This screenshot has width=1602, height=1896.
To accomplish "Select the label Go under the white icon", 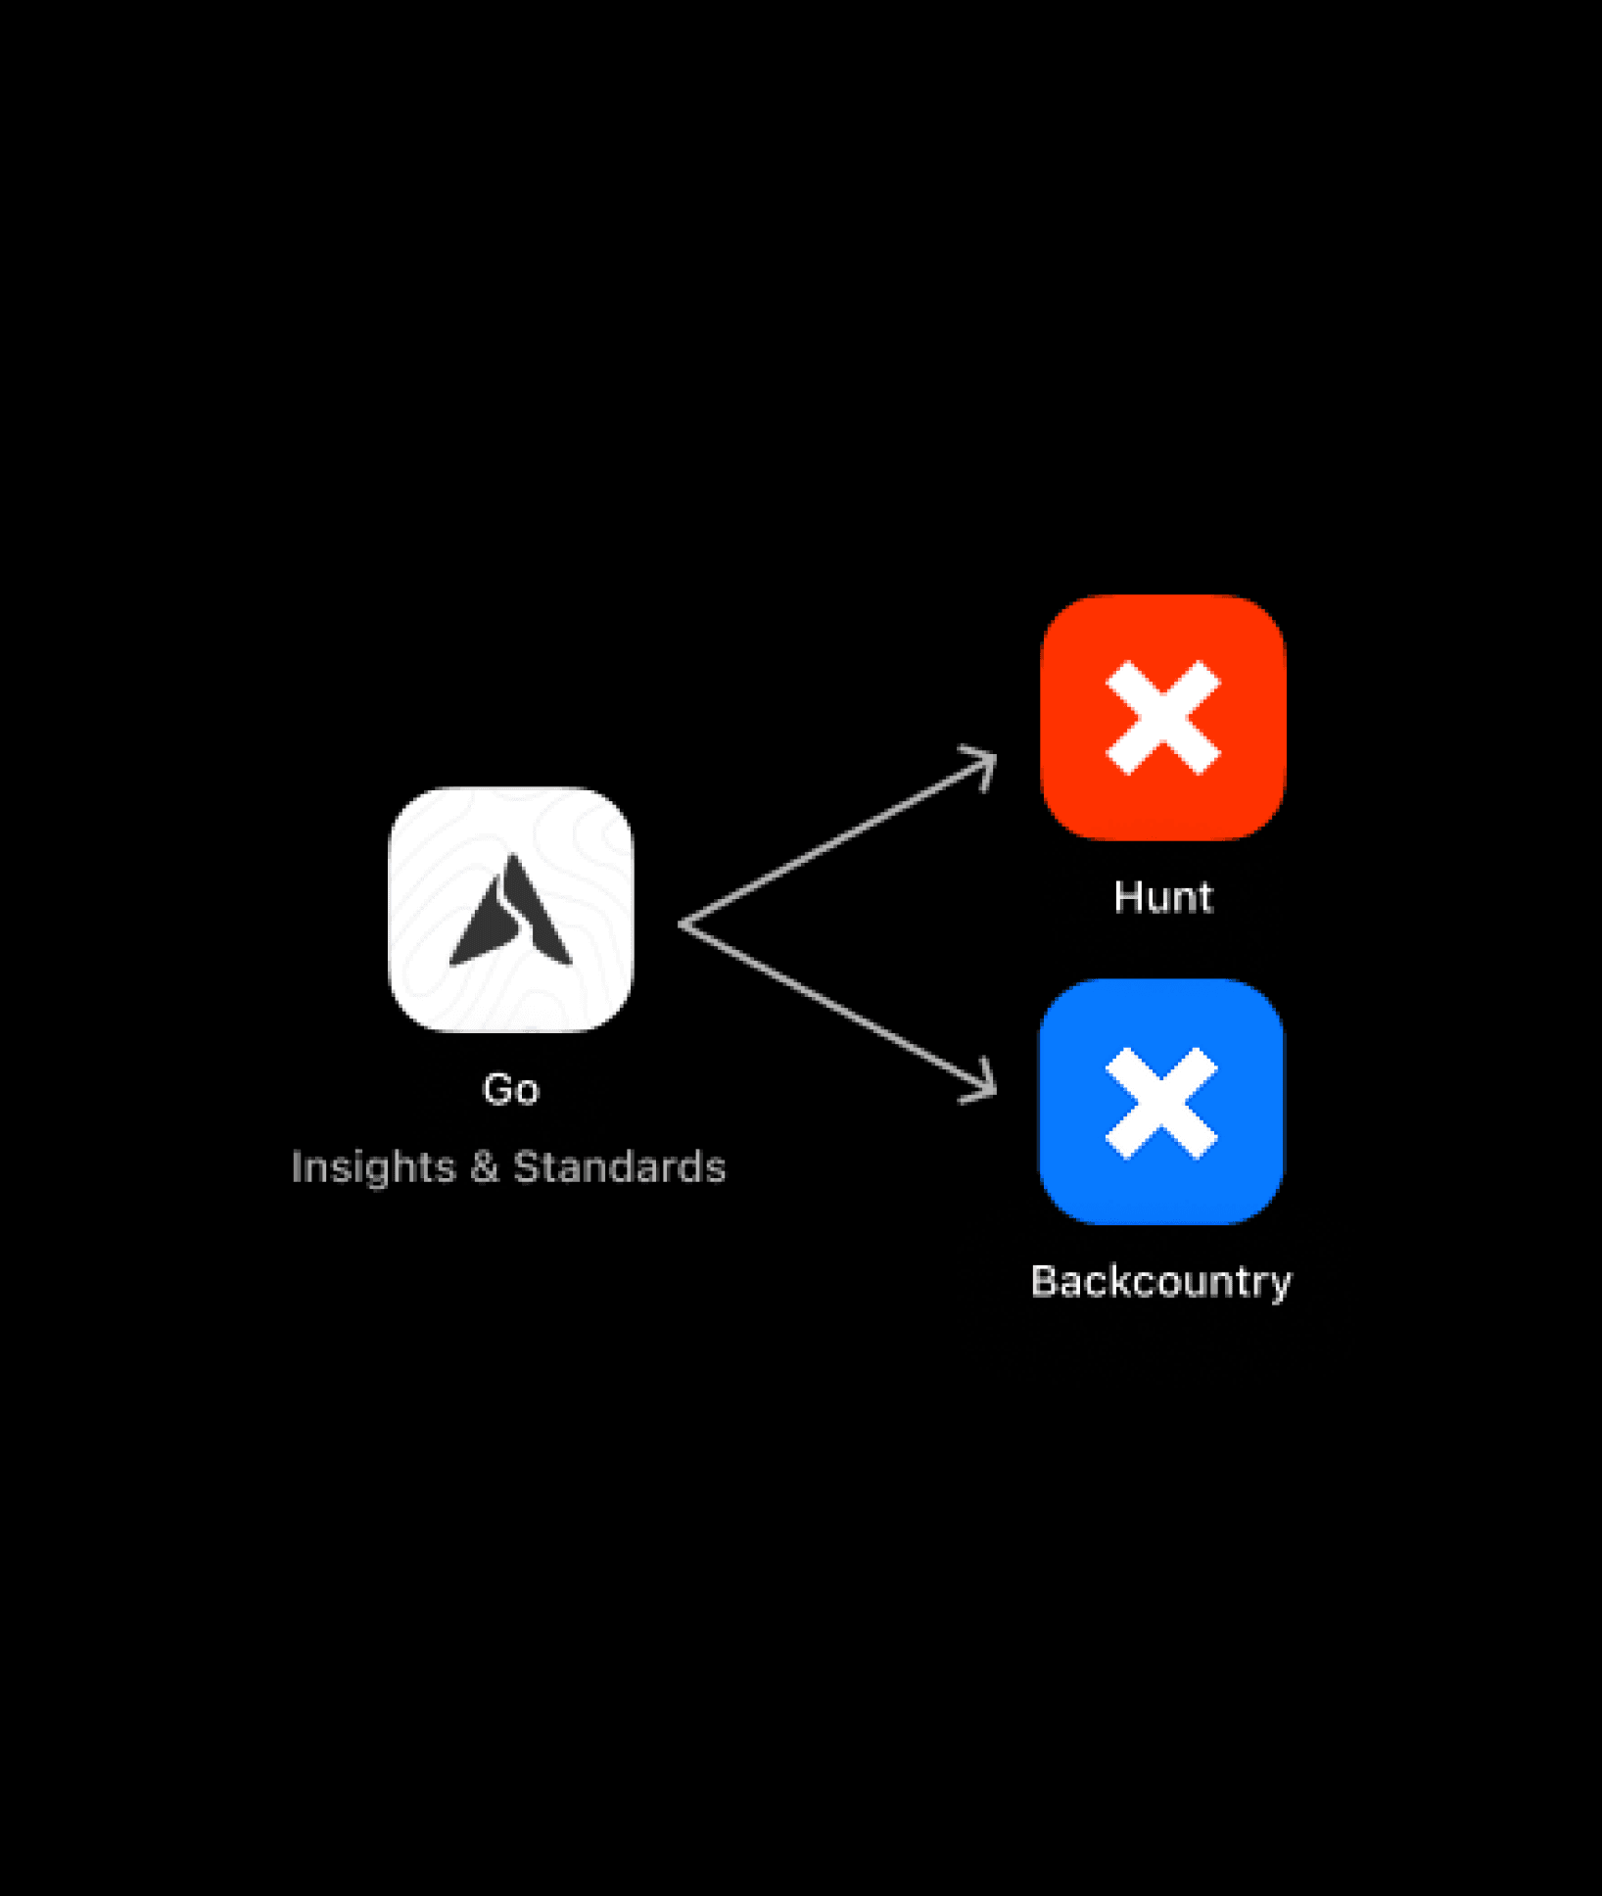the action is [x=511, y=1089].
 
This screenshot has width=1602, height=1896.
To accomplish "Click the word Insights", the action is [x=373, y=1167].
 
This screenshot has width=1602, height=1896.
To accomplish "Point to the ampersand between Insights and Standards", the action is [x=485, y=1167].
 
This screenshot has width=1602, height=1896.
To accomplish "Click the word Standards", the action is [x=620, y=1167].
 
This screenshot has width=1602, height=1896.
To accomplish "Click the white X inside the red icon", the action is [x=1163, y=718].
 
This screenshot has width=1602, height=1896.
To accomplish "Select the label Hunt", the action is [x=1163, y=897].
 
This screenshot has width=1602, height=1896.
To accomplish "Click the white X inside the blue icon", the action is [x=1161, y=1104].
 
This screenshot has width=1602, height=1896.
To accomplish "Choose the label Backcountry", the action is [x=1161, y=1282].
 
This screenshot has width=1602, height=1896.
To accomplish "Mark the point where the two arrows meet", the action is [x=683, y=924].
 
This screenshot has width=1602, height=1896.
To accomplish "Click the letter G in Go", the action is [x=498, y=1089].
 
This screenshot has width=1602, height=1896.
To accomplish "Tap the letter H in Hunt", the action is [x=1128, y=897].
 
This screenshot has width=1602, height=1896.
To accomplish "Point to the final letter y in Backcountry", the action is [x=1281, y=1285].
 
